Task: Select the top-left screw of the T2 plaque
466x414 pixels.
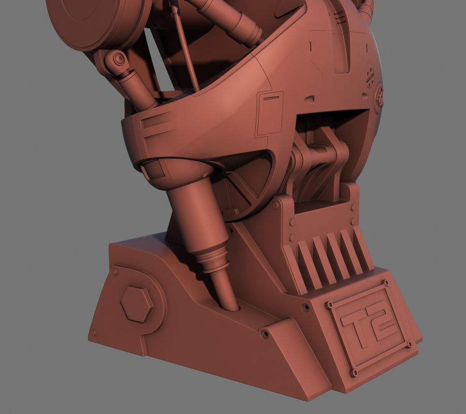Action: (x=328, y=305)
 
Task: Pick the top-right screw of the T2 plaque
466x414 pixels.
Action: (x=385, y=283)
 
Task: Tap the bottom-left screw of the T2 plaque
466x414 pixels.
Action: (x=354, y=372)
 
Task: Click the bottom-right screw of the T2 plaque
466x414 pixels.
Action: (x=410, y=344)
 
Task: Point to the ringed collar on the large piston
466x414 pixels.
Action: (x=213, y=261)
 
